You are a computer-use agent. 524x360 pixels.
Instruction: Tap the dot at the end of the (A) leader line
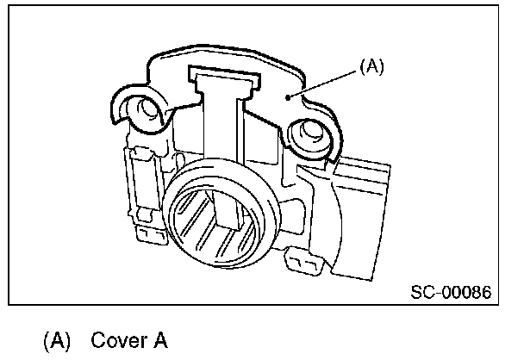click(x=296, y=97)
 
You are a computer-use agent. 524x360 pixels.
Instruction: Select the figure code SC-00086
click(x=450, y=292)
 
